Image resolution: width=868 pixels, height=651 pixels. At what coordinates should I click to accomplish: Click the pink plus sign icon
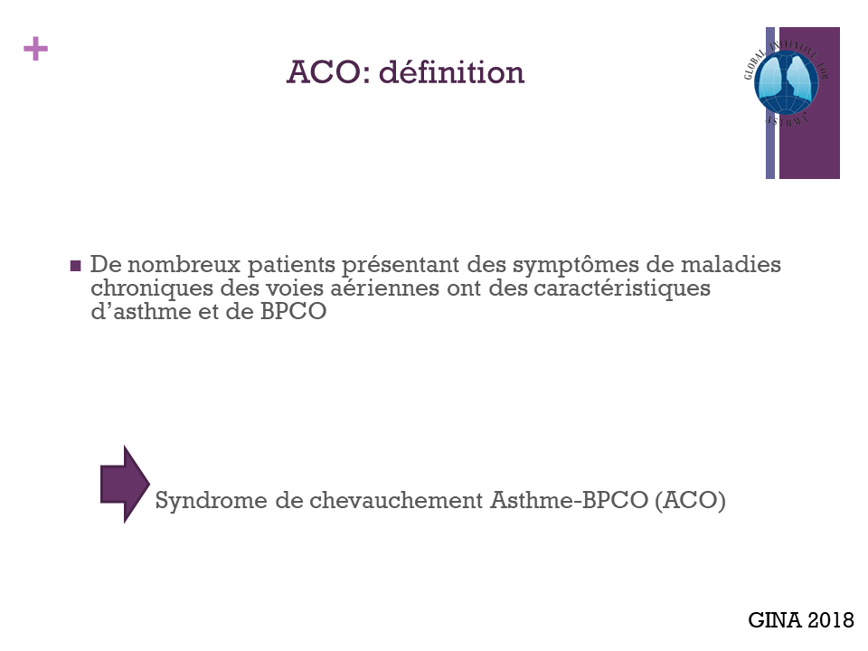click(x=35, y=49)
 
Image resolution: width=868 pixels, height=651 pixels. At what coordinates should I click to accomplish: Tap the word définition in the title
click(x=451, y=72)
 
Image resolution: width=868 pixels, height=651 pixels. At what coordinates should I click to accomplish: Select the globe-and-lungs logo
click(x=786, y=82)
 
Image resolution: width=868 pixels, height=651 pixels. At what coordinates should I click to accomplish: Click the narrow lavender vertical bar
click(x=770, y=103)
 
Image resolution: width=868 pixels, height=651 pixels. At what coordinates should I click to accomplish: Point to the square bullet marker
click(x=76, y=266)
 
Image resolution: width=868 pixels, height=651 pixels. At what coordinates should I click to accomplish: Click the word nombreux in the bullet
click(x=184, y=265)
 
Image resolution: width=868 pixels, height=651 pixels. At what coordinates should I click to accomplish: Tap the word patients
click(x=291, y=266)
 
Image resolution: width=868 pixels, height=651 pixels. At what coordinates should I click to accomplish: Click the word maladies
click(x=731, y=265)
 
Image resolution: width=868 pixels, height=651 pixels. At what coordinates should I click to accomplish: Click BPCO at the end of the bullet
click(x=293, y=311)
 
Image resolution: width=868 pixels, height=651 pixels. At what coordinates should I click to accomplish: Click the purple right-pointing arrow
click(x=125, y=485)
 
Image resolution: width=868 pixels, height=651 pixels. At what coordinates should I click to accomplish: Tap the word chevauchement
click(x=396, y=500)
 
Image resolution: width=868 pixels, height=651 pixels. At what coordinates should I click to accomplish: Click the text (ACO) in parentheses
click(x=690, y=500)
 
